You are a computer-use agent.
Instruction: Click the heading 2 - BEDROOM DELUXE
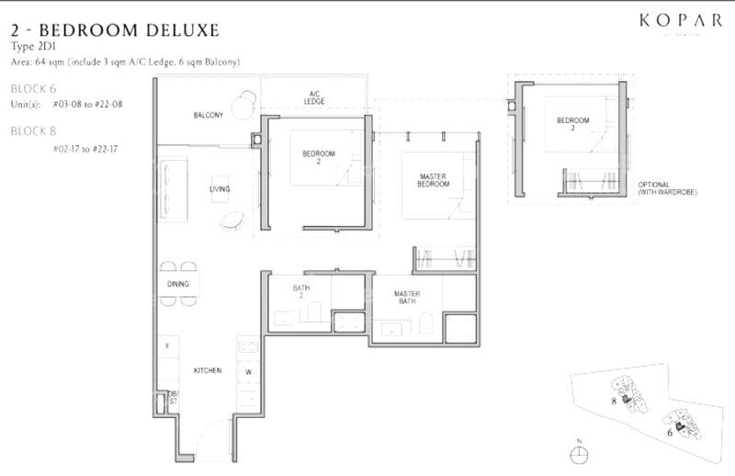pos(115,30)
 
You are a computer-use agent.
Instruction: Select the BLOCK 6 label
pos(33,89)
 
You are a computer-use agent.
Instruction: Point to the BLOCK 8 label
pos(33,131)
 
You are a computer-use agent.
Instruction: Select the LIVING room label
pos(220,189)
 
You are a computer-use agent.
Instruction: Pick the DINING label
pos(177,284)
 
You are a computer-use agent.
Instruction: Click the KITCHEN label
pos(207,370)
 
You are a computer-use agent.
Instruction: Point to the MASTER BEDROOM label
pos(433,180)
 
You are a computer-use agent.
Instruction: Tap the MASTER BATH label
pos(407,299)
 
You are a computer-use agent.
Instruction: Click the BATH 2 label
pos(301,292)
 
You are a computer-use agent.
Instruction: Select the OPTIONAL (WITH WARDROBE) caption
pos(660,188)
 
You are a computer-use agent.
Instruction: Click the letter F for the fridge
pos(166,346)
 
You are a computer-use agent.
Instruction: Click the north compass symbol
pos(579,454)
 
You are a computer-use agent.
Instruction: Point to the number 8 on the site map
pos(613,401)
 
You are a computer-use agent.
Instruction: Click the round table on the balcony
pos(241,108)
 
